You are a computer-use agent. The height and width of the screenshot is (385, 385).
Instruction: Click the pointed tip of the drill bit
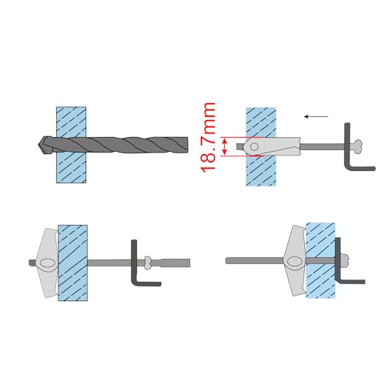38,146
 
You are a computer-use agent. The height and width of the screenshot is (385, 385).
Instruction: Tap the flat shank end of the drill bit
187,146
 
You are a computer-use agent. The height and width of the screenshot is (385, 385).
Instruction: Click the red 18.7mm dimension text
207,138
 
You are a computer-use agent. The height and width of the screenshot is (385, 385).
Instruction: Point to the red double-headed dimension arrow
225,146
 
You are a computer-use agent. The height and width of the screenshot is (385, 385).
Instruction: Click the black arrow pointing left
316,117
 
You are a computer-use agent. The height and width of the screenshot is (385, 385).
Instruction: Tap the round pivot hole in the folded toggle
254,147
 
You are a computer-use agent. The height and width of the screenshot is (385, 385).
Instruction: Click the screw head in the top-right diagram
357,147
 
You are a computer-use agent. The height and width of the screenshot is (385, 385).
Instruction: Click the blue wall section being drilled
71,145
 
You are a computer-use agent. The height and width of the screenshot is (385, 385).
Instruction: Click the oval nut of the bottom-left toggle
47,263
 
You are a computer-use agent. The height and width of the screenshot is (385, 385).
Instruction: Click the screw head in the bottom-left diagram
147,263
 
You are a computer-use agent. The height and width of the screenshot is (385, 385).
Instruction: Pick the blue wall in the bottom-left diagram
73,263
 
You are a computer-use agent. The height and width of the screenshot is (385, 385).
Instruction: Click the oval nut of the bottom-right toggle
294,262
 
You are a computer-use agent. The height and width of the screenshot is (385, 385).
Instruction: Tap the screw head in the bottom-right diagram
345,261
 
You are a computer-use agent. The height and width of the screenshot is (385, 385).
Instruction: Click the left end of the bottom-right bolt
227,261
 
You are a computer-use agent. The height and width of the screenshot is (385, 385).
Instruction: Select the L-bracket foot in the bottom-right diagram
352,282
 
